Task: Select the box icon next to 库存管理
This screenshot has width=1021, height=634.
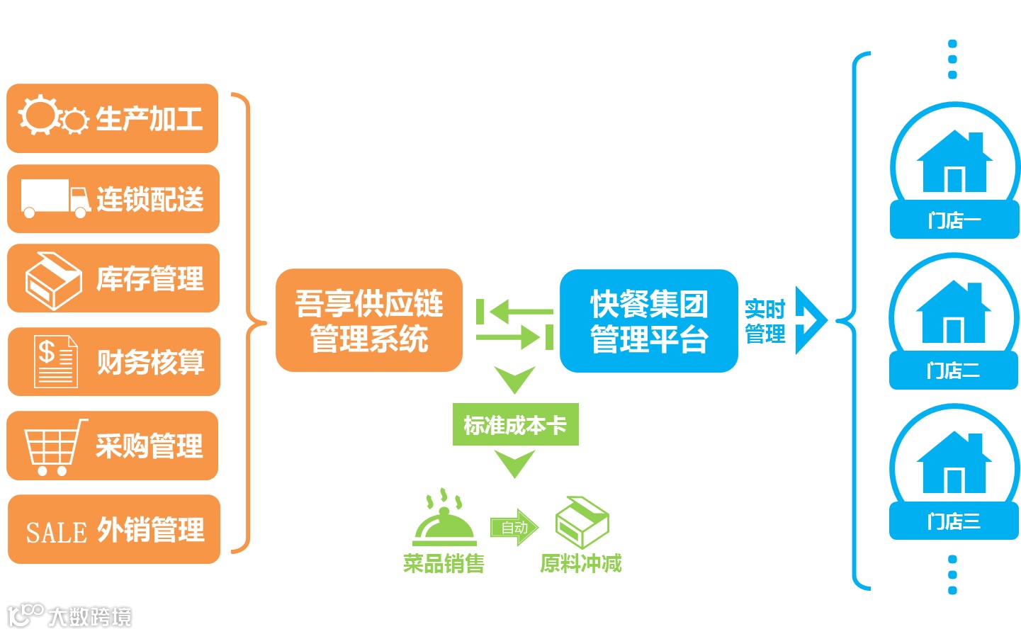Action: (x=52, y=281)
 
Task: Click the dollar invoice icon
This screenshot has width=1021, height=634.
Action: (x=55, y=361)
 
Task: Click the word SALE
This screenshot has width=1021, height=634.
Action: (x=56, y=532)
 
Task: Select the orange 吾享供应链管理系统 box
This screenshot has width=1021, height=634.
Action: (x=368, y=320)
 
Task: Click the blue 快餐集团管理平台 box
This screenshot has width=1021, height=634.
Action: (x=648, y=321)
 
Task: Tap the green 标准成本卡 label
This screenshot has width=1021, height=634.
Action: (x=515, y=425)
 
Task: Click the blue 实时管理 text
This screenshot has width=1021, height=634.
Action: (x=765, y=321)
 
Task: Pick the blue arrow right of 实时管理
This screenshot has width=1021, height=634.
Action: (x=811, y=320)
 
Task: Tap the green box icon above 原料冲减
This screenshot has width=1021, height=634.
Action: (x=582, y=521)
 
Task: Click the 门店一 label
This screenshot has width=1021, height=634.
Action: (x=954, y=220)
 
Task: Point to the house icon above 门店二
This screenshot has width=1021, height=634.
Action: (x=953, y=312)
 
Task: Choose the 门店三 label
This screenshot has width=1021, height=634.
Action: (x=954, y=522)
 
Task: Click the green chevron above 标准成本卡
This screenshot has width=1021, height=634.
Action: (x=515, y=380)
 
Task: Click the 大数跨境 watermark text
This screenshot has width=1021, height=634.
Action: (x=89, y=617)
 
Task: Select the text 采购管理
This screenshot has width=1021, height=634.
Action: (x=150, y=446)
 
